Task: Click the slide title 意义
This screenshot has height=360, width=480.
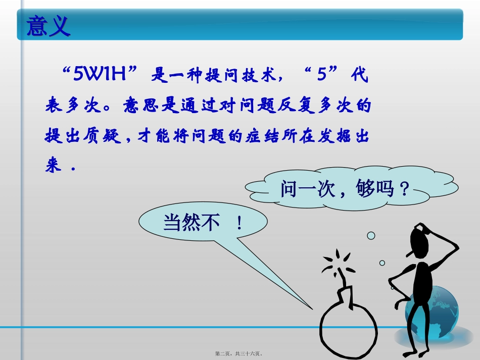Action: [48, 26]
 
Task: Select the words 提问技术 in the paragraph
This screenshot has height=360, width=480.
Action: [241, 77]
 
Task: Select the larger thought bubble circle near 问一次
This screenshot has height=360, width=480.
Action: [371, 236]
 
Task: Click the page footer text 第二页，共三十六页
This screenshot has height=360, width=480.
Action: [241, 354]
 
